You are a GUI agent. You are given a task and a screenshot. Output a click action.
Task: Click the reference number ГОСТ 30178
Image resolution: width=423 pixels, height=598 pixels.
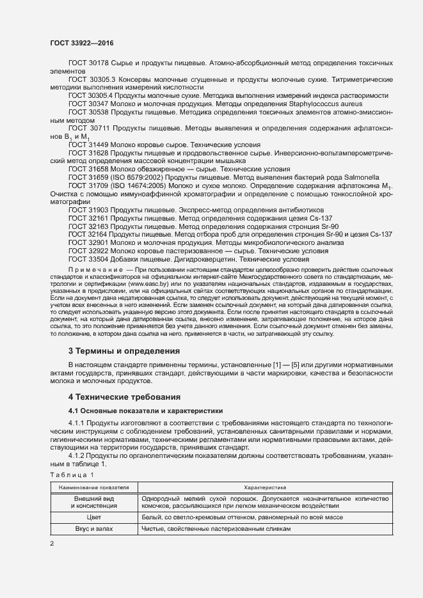coord(88,65)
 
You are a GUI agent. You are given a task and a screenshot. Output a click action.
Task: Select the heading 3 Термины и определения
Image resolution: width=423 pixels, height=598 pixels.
coord(124,350)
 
